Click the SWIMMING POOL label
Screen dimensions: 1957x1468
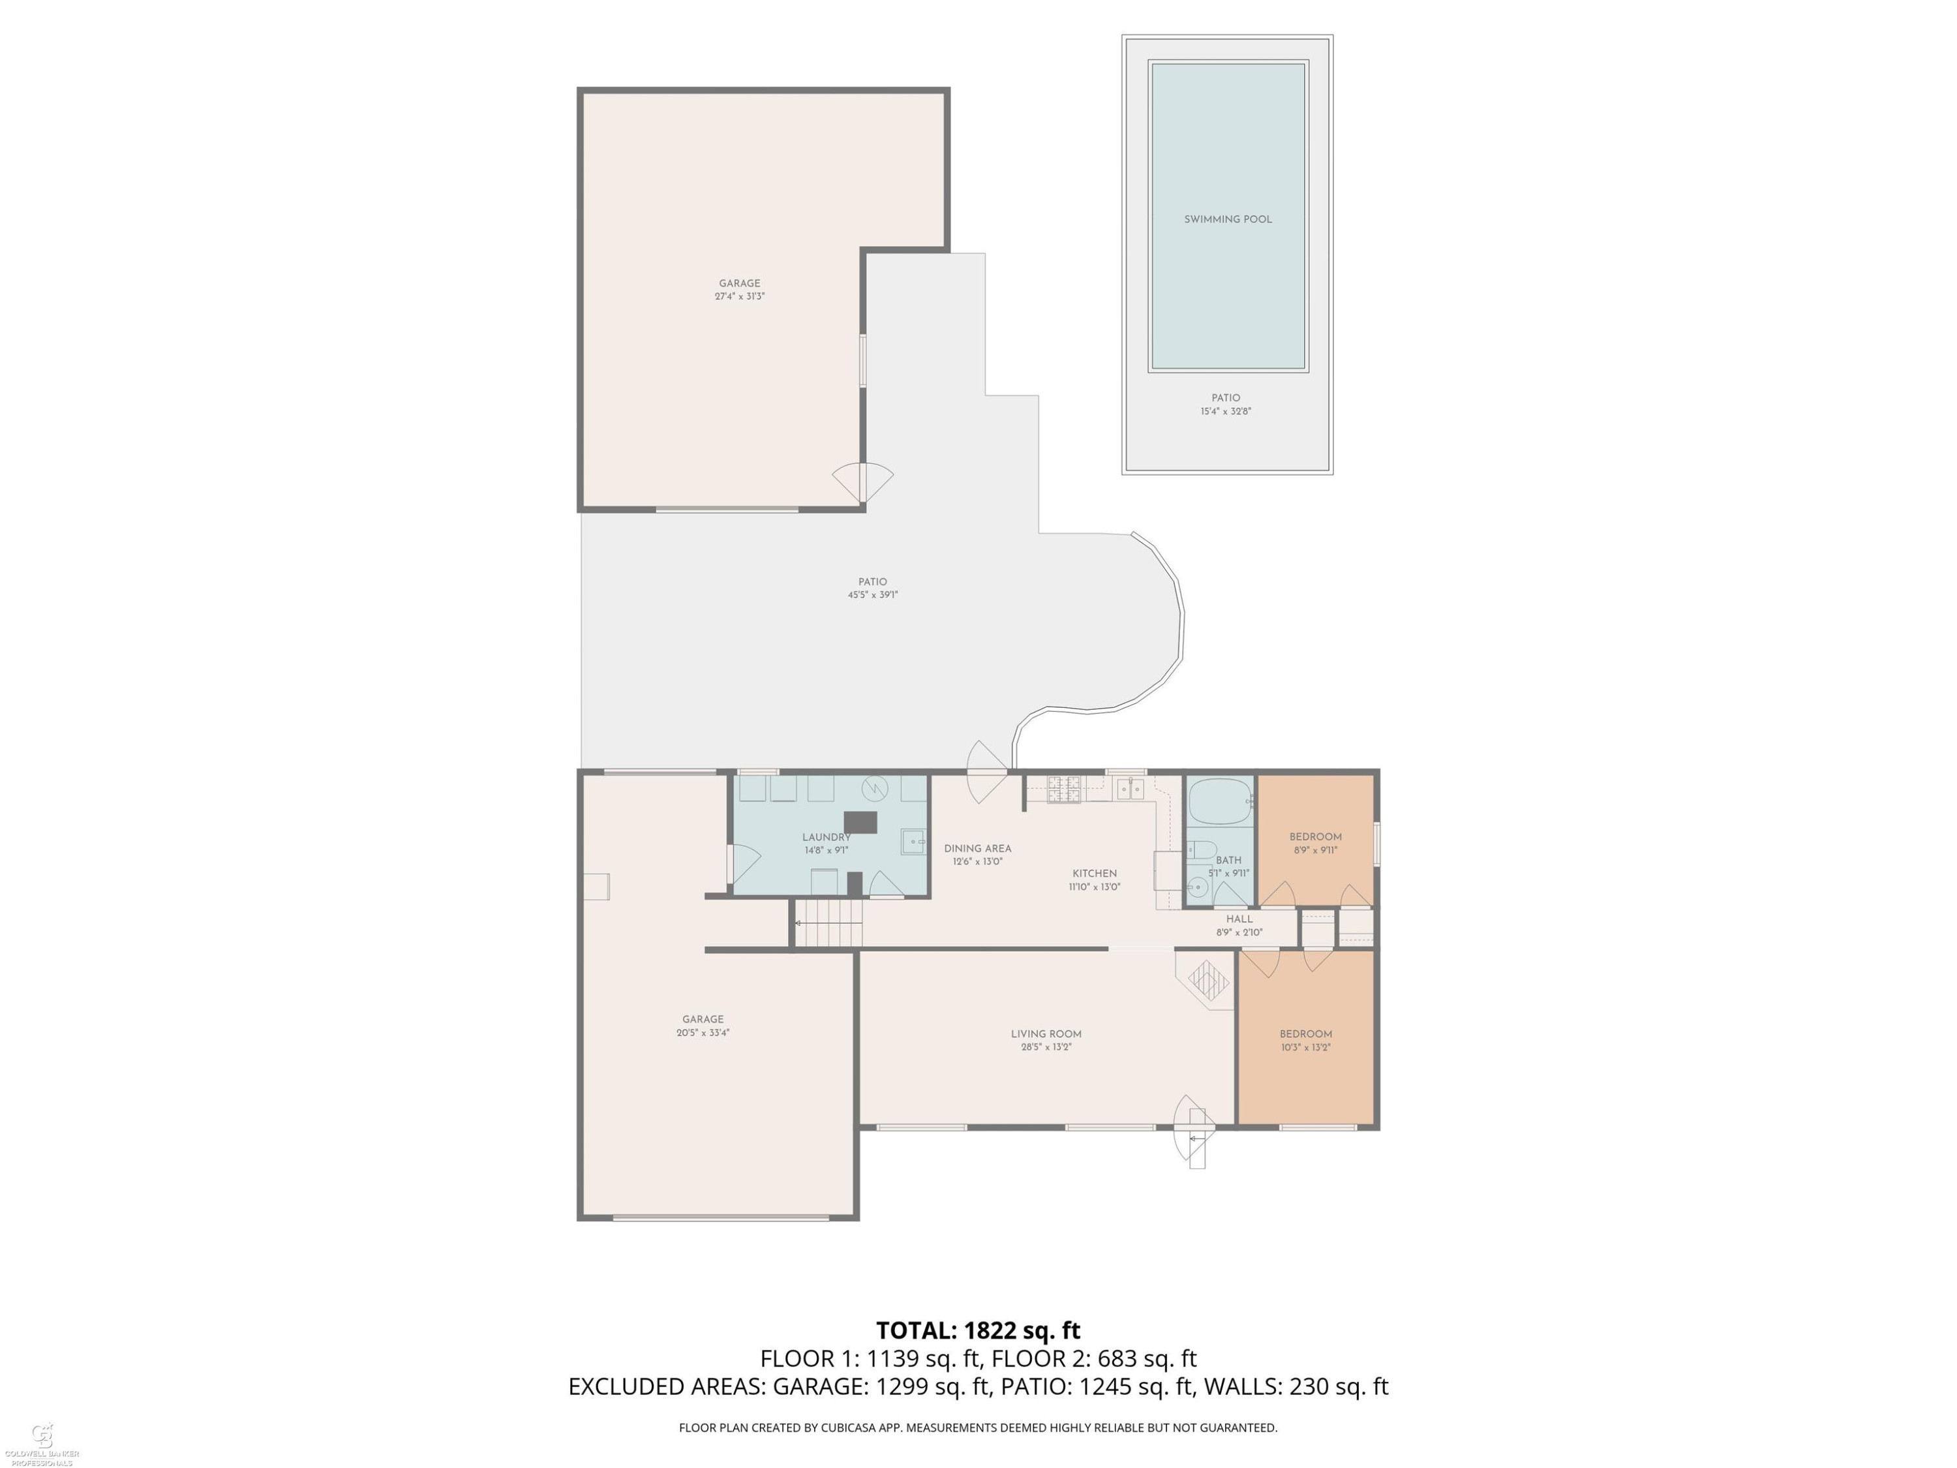pyautogui.click(x=1227, y=219)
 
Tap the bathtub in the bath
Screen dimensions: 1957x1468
pyautogui.click(x=1220, y=801)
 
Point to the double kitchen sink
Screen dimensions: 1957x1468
pyautogui.click(x=1130, y=788)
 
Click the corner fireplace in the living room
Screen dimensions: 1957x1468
pyautogui.click(x=1207, y=979)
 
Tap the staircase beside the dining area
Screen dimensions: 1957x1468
pyautogui.click(x=828, y=923)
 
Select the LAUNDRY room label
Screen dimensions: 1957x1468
pyautogui.click(x=827, y=837)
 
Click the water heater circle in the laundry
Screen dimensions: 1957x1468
pyautogui.click(x=875, y=787)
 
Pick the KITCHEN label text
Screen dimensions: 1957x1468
pyautogui.click(x=1095, y=874)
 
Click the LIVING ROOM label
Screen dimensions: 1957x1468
pyautogui.click(x=1046, y=1033)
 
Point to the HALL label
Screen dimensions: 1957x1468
pyautogui.click(x=1239, y=919)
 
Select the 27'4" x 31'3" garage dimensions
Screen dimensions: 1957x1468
pyautogui.click(x=740, y=296)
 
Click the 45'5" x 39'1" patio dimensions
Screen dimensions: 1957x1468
pyautogui.click(x=872, y=594)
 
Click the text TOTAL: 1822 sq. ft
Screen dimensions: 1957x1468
pyautogui.click(x=978, y=1330)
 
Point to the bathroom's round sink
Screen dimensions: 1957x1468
pyautogui.click(x=1197, y=886)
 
